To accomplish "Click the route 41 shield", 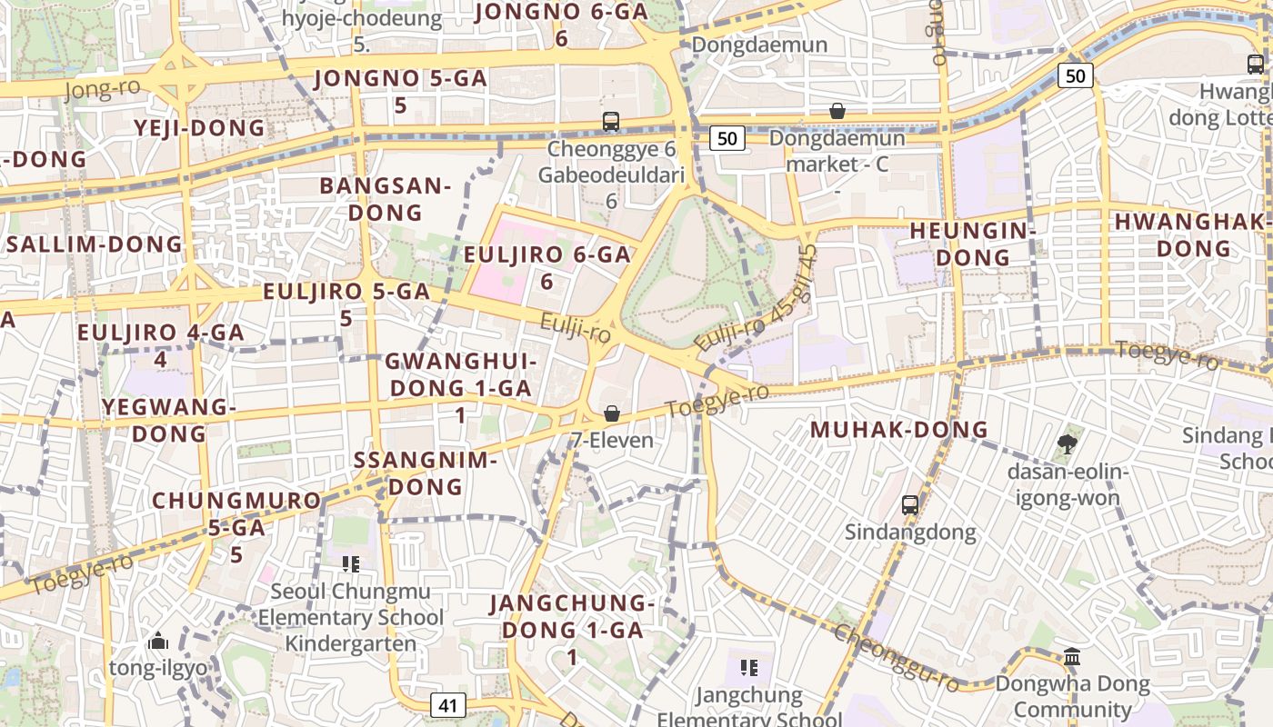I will [x=446, y=705].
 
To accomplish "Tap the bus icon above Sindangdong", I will [x=909, y=504].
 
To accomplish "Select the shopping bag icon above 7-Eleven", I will [x=612, y=413].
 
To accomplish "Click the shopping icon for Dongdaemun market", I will [x=837, y=111].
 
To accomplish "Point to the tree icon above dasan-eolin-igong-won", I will [x=1067, y=444].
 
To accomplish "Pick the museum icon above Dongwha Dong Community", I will [x=1072, y=656].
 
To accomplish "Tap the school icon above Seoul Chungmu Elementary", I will [x=351, y=564].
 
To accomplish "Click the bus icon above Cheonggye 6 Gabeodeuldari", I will [x=611, y=121].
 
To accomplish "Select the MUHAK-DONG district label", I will [x=898, y=430].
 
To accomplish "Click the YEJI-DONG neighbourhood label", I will [x=200, y=128].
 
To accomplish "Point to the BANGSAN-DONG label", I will [x=386, y=199].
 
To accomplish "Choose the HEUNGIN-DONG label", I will [x=973, y=244].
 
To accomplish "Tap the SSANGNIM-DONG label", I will [x=426, y=473].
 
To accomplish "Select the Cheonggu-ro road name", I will [x=896, y=658].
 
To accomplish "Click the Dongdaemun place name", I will [x=759, y=45].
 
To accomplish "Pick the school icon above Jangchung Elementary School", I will [x=748, y=669].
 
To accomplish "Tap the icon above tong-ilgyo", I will [x=158, y=642].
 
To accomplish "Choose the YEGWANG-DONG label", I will [x=169, y=420].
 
